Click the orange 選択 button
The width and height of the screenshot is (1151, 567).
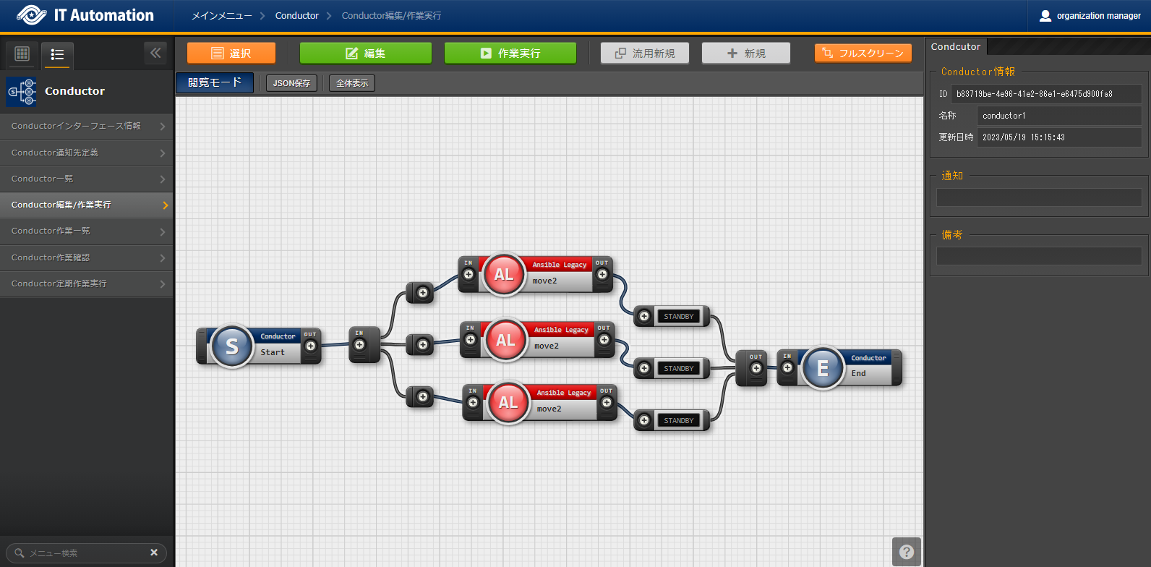(231, 54)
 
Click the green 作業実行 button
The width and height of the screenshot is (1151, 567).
(510, 54)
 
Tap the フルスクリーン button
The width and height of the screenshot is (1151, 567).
(863, 54)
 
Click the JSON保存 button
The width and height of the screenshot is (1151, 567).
(291, 83)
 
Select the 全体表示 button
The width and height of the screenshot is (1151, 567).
(352, 83)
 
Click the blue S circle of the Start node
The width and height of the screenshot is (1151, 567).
(231, 346)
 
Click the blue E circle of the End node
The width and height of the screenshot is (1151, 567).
(822, 368)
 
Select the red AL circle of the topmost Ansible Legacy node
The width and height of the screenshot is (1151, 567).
(504, 275)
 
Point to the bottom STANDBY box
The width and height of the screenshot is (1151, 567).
(678, 420)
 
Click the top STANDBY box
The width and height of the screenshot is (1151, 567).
(678, 316)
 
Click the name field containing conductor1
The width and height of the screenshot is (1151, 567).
(1058, 116)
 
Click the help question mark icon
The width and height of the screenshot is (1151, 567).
(907, 552)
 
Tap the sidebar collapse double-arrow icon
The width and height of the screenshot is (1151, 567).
(155, 53)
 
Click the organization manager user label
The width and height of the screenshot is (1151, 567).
(1090, 16)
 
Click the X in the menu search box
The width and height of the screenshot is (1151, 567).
(154, 553)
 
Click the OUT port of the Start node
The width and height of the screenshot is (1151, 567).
(311, 346)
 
